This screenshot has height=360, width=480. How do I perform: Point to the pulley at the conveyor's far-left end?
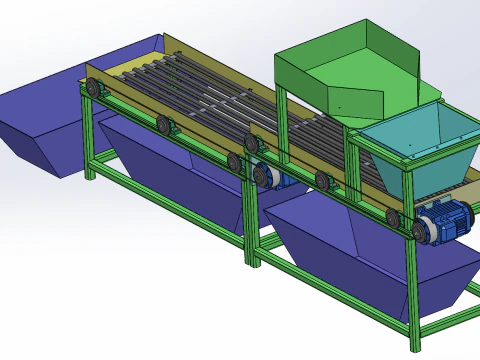pyautogui.click(x=96, y=92)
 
